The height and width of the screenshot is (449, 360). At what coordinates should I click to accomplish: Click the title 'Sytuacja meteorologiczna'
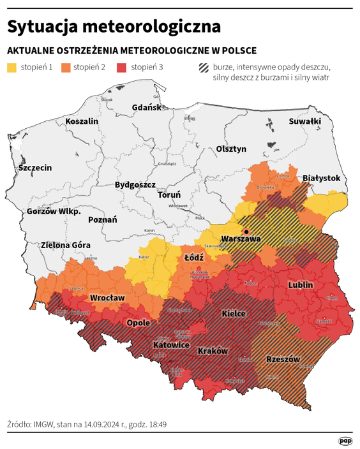point(114,27)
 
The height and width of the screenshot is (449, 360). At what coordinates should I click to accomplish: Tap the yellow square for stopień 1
point(13,68)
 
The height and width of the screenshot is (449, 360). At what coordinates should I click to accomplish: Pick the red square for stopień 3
point(123,68)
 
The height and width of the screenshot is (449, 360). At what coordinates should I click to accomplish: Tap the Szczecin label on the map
point(35,168)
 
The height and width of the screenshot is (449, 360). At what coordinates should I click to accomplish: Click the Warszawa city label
point(240,239)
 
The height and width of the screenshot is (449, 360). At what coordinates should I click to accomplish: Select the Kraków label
point(213,351)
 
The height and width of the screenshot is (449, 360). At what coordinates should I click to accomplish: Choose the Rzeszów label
point(283,359)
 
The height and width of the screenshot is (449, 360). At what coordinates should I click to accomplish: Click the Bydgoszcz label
point(135,185)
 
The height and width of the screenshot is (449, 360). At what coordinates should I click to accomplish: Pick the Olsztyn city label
point(231,149)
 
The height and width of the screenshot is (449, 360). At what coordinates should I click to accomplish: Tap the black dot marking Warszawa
point(244,232)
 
